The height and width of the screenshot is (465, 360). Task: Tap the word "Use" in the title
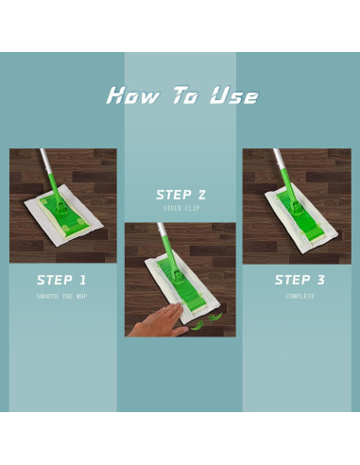[x=234, y=95]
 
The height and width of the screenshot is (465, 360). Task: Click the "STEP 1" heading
[x=61, y=280]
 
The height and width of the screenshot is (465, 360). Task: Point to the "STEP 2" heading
[x=181, y=195]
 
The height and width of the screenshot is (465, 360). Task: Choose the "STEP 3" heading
[x=300, y=280]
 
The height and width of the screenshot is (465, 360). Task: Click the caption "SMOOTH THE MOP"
[x=61, y=296]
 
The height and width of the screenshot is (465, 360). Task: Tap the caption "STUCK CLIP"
[x=181, y=208]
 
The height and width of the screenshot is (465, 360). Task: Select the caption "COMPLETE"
[x=300, y=296]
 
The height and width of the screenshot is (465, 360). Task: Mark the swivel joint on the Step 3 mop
[x=296, y=206]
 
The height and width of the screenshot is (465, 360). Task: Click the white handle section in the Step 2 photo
[x=162, y=229]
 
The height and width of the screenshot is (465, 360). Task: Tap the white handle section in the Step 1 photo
[x=44, y=162]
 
